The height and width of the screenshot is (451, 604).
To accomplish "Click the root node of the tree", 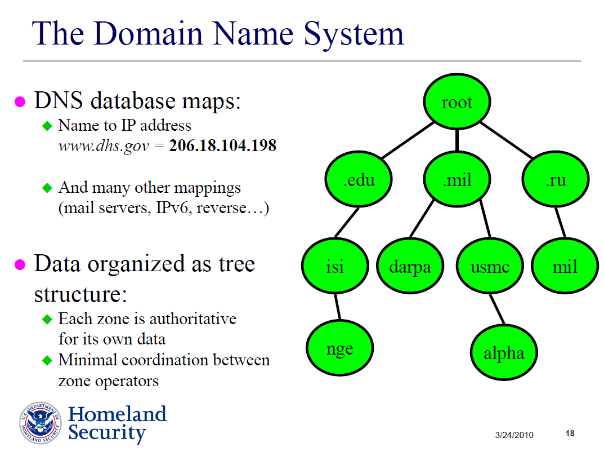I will pyautogui.click(x=457, y=102).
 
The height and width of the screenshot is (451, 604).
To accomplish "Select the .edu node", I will pyautogui.click(x=359, y=180).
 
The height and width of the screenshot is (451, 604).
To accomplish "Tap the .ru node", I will pyautogui.click(x=556, y=180).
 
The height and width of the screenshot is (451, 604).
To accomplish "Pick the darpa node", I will pyautogui.click(x=409, y=266).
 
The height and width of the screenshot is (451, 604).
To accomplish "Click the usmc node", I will pyautogui.click(x=490, y=266).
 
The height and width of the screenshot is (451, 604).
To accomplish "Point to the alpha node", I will pyautogui.click(x=504, y=353).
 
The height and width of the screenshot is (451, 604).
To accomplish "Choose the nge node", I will pyautogui.click(x=339, y=349).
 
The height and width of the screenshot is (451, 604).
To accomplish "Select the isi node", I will pyautogui.click(x=335, y=266).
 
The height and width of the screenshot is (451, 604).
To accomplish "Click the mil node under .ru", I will pyautogui.click(x=565, y=266).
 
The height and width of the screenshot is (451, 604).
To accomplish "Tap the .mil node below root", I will pyautogui.click(x=457, y=180).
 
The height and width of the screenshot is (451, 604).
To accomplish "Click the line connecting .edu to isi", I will pyautogui.click(x=347, y=223).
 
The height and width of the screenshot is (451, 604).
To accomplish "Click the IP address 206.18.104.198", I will pyautogui.click(x=223, y=145).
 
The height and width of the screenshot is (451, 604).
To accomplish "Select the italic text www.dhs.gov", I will pyautogui.click(x=104, y=146).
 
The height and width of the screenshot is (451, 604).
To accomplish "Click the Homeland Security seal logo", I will pyautogui.click(x=41, y=423).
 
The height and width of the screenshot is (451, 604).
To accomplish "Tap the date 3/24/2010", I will pyautogui.click(x=514, y=435).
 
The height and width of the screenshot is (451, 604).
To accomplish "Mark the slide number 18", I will pyautogui.click(x=570, y=434).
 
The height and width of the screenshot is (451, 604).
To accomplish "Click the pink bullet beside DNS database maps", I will pyautogui.click(x=20, y=101).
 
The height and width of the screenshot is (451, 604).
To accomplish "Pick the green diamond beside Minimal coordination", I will pyautogui.click(x=47, y=360).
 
